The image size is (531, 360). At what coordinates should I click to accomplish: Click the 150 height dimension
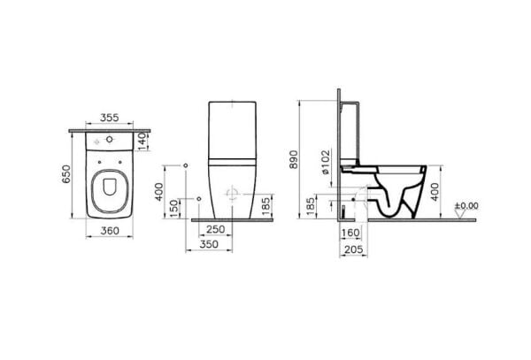click(173, 204)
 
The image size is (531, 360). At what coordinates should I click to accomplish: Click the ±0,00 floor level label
click(466, 206)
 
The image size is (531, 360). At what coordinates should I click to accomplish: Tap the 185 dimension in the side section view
click(311, 206)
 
